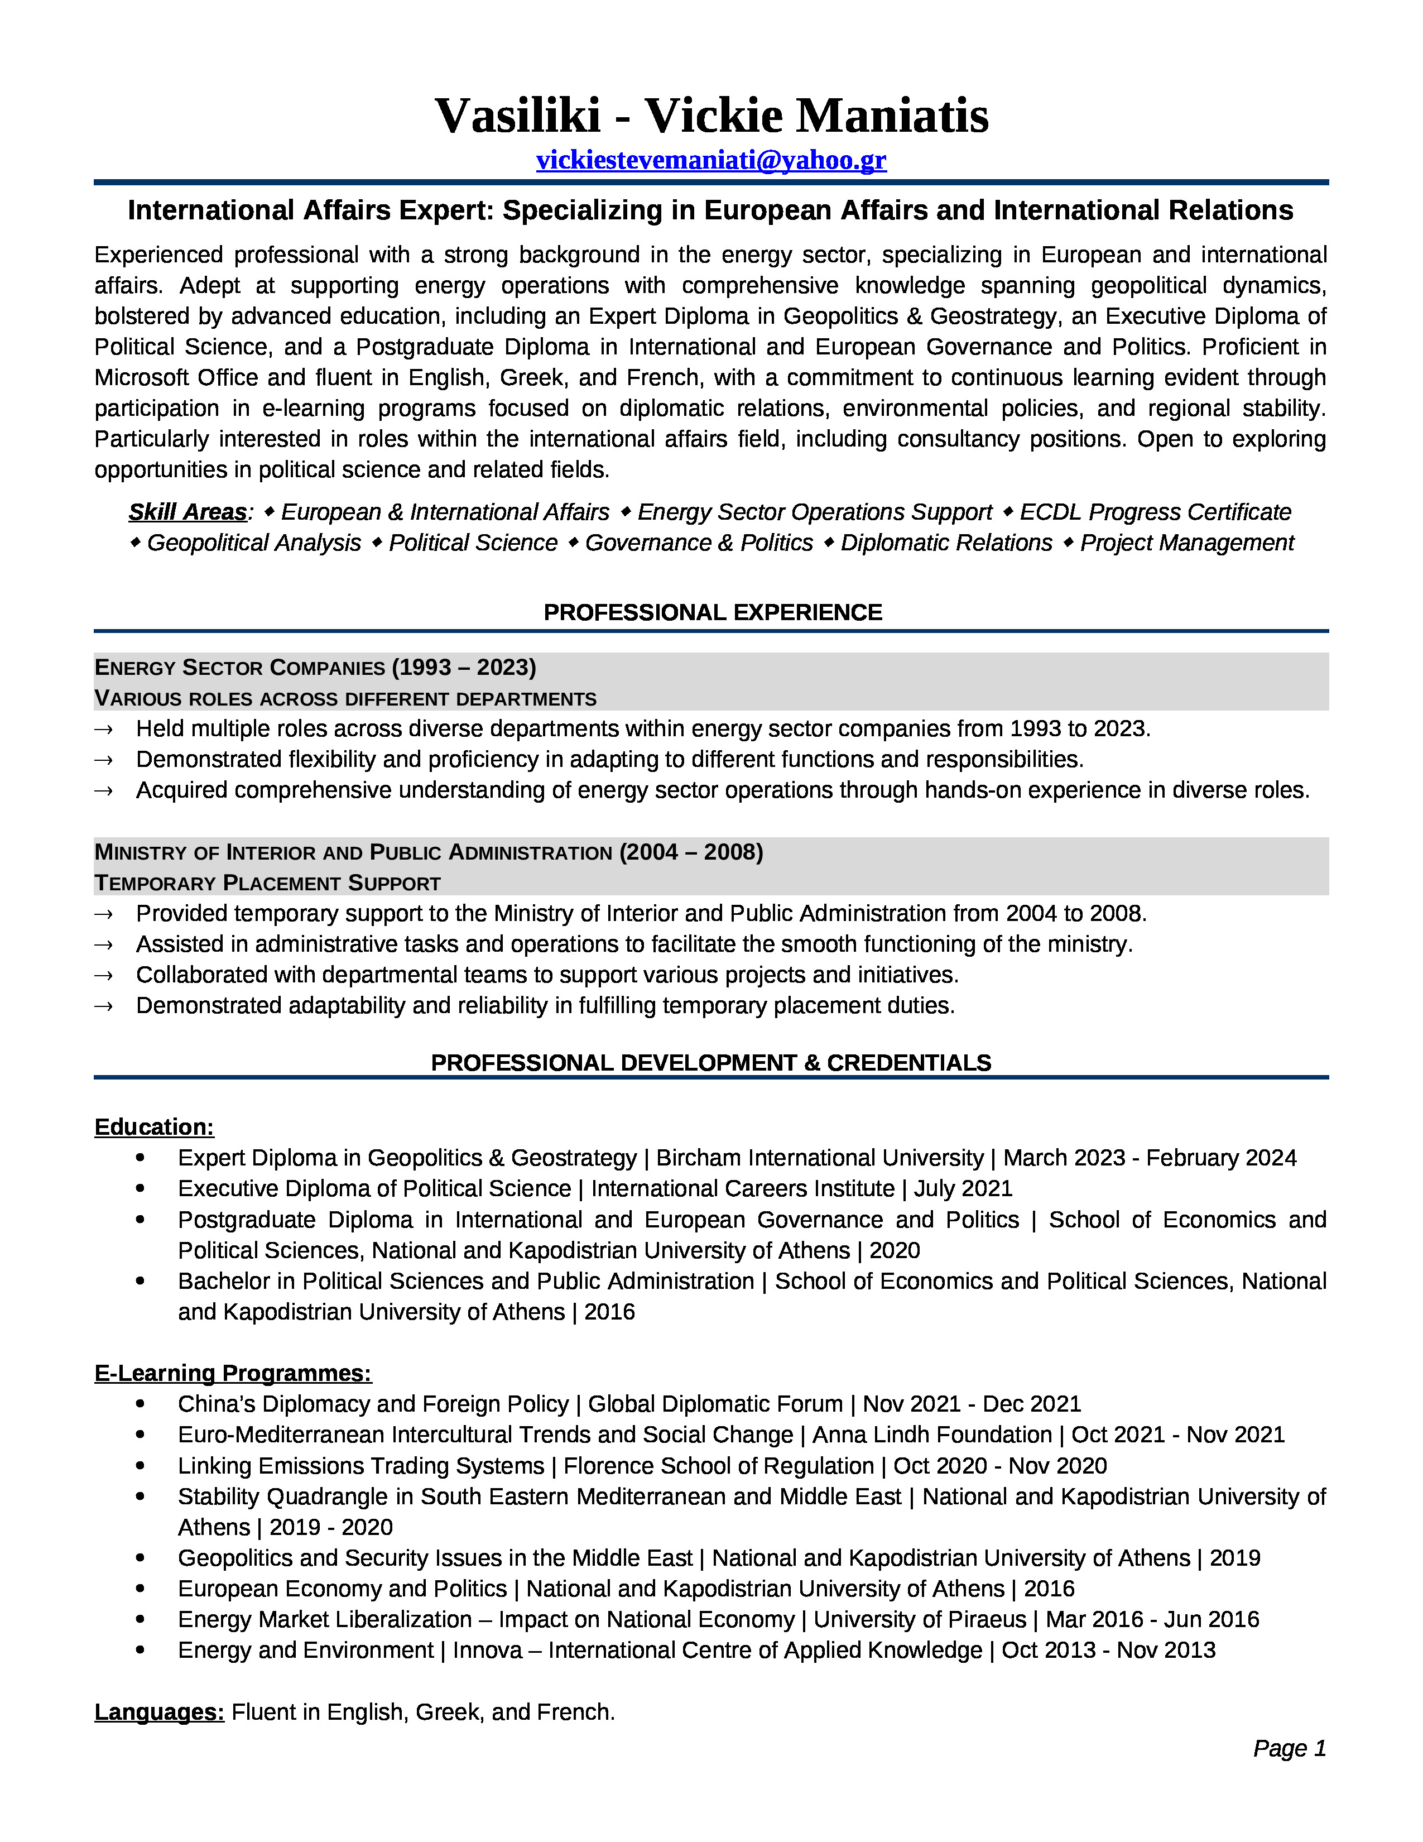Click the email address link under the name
(710, 160)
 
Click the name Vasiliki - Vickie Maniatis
(710, 116)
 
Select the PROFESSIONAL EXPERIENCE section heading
(713, 612)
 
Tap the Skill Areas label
(187, 512)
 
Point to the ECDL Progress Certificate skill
(1155, 512)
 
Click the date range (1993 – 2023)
(464, 667)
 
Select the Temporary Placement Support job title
(267, 883)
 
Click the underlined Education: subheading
(154, 1127)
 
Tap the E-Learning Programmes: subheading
(233, 1373)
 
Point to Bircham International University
(819, 1158)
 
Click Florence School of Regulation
(718, 1466)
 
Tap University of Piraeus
(920, 1619)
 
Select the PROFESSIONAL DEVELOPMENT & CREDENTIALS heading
(710, 1063)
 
